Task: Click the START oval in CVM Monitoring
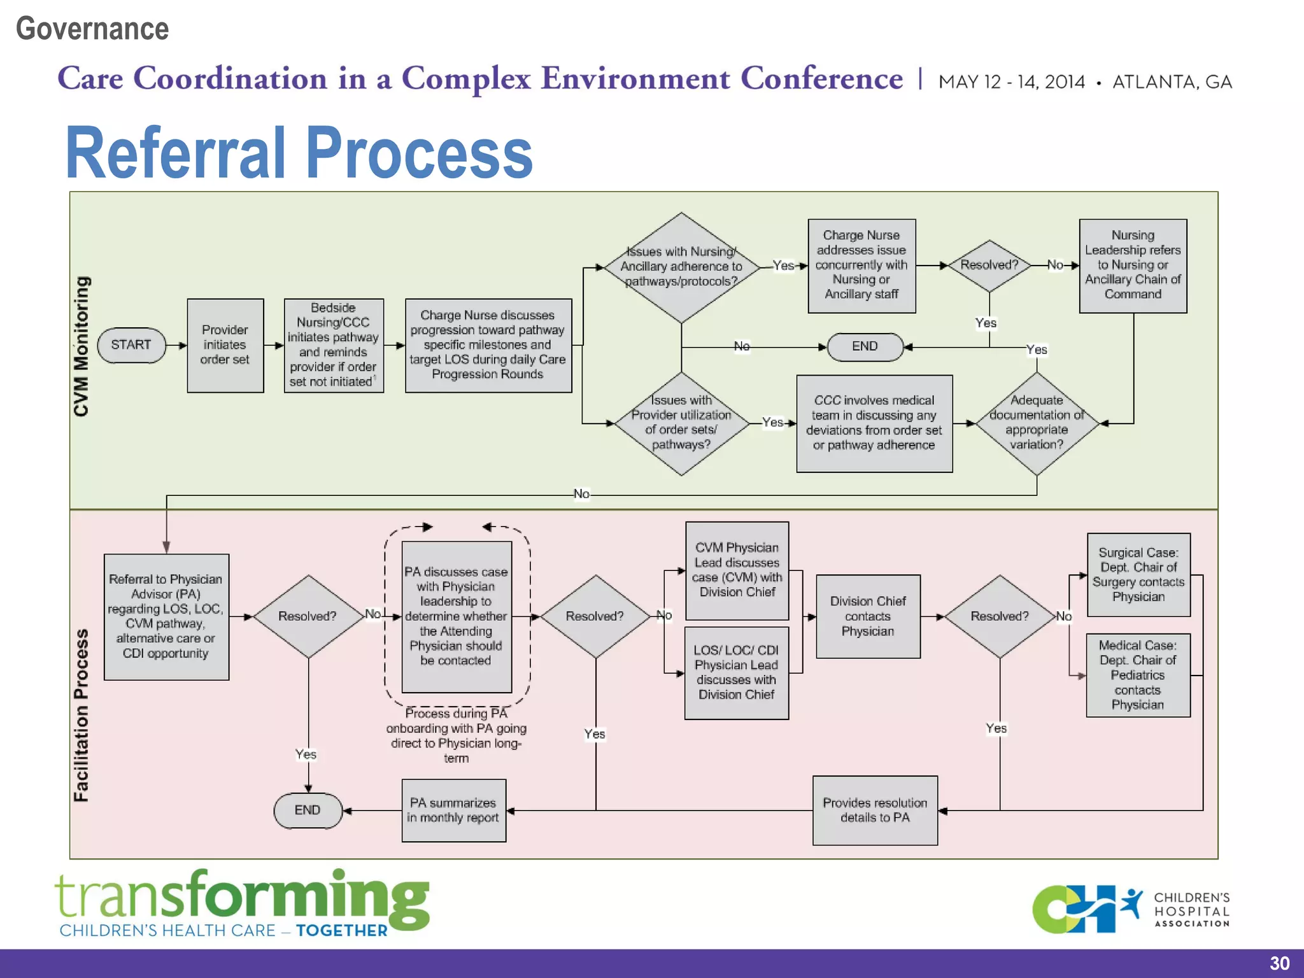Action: point(131,345)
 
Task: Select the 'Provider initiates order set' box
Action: point(225,345)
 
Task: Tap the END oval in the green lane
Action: point(865,346)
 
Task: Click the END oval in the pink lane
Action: point(308,810)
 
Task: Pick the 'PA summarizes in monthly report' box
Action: point(453,810)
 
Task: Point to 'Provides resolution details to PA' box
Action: point(874,810)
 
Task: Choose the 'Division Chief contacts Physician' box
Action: point(868,616)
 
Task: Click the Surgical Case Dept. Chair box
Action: point(1138,574)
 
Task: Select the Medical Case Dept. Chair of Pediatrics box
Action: point(1138,675)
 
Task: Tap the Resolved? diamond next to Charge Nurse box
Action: point(989,265)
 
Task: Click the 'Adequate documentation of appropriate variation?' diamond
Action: point(1037,423)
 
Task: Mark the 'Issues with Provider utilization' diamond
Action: point(681,423)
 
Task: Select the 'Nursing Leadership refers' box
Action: point(1133,265)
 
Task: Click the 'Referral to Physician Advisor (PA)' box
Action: point(166,616)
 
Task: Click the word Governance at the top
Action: point(92,29)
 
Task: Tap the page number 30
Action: point(1279,963)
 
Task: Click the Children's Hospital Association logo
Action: point(1130,909)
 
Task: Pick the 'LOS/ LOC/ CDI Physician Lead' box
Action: point(736,672)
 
